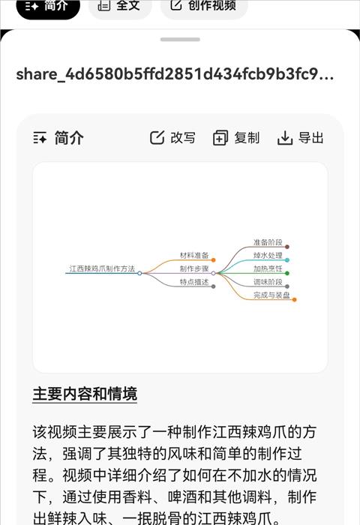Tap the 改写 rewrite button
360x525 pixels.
point(172,137)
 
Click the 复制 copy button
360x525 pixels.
point(236,137)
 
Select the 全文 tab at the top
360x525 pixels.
point(119,5)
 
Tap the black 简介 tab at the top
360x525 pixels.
point(48,5)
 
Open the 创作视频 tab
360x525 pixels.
point(203,5)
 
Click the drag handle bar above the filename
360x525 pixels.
point(180,40)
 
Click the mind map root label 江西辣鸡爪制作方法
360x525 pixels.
point(102,268)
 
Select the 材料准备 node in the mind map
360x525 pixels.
point(194,256)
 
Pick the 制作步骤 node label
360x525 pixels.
point(194,268)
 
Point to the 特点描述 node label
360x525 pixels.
point(194,282)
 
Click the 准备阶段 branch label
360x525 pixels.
point(268,242)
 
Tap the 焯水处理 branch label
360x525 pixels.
point(268,256)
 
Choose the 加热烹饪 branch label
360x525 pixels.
point(268,268)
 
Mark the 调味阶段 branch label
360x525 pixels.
point(268,282)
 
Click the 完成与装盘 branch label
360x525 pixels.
point(271,295)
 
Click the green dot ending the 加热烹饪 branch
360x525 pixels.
point(287,273)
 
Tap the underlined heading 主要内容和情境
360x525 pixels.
point(85,394)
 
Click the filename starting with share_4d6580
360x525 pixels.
point(175,74)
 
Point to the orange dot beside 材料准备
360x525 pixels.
point(213,260)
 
